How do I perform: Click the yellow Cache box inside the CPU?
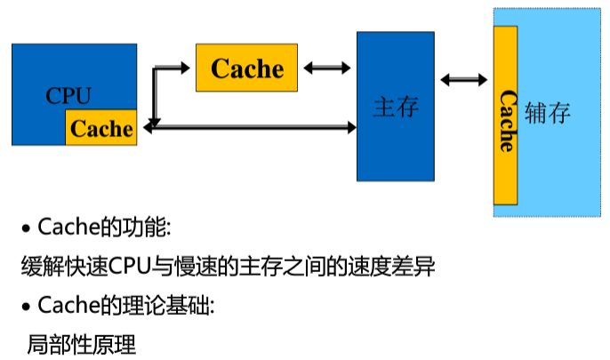point(100,128)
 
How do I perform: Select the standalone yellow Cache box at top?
point(246,68)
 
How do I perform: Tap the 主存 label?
point(395,108)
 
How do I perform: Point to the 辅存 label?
point(547,115)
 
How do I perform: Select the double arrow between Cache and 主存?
point(326,68)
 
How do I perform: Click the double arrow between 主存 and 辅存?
point(463,81)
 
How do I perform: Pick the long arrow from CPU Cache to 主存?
point(253,128)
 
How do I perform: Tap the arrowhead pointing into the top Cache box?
point(189,68)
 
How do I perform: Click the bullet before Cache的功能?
point(26,229)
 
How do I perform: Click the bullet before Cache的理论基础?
point(26,308)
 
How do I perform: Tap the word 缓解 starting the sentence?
point(41,266)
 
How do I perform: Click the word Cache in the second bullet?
point(68,306)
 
